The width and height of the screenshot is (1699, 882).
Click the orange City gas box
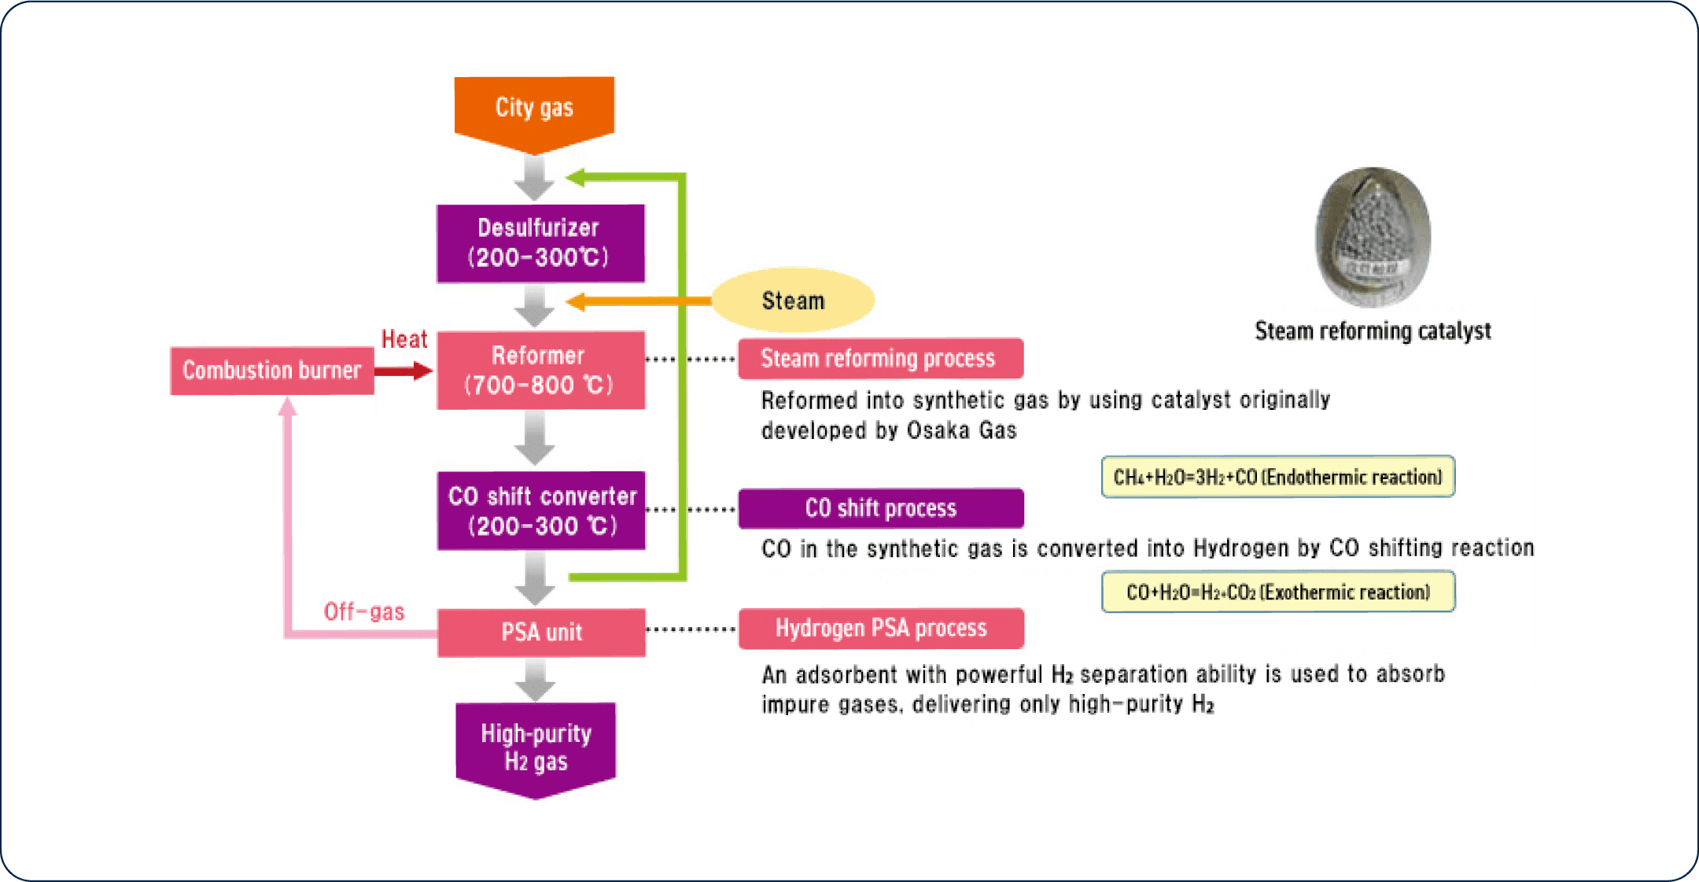point(534,113)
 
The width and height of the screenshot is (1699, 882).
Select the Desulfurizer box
point(540,243)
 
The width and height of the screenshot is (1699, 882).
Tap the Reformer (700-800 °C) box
point(540,370)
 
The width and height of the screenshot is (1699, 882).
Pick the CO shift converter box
point(541,510)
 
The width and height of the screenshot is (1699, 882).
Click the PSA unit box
point(541,633)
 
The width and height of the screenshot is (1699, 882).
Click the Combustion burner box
point(272,371)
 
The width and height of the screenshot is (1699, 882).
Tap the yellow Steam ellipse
point(793,300)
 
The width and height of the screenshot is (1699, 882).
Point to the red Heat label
point(404,339)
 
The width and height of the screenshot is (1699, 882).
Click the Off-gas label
point(364,611)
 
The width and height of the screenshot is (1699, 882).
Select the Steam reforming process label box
point(881,359)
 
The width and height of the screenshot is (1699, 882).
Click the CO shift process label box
point(881,508)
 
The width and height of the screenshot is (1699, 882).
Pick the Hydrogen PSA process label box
point(881,629)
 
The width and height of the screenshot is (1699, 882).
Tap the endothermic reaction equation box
point(1278,477)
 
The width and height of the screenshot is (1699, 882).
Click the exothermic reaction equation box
point(1278,592)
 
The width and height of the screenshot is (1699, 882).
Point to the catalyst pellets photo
point(1373,237)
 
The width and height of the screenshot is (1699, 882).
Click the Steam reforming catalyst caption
point(1373,331)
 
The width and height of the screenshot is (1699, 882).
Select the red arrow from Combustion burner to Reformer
point(404,371)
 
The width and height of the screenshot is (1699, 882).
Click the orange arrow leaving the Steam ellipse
point(639,301)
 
